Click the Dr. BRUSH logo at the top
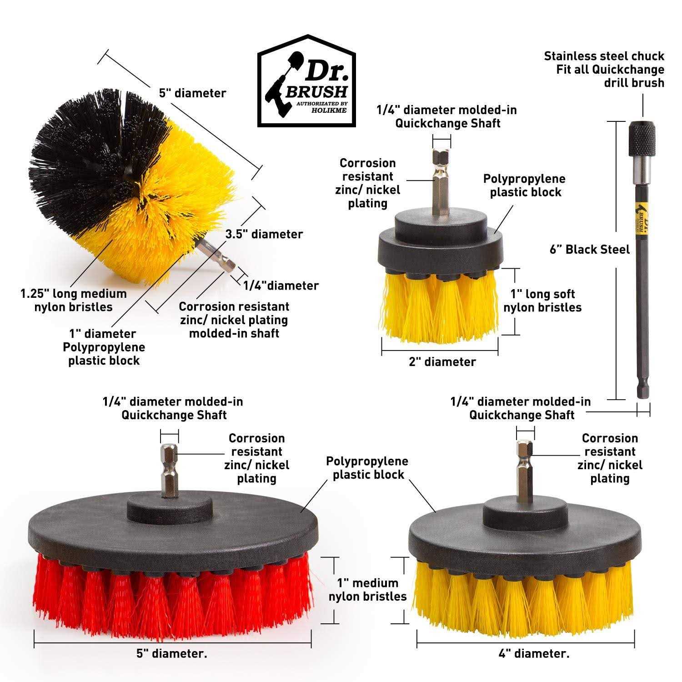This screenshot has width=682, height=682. coord(306,81)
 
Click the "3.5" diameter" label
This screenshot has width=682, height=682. coord(264,234)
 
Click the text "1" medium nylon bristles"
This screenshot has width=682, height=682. coord(367,590)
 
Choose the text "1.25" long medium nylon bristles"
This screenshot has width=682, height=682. coord(73,300)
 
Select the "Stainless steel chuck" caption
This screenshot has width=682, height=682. coord(604,56)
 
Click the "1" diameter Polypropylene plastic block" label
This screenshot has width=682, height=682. coord(104,347)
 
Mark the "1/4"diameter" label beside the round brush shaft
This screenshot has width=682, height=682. coord(281,286)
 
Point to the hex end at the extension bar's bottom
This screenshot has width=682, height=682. coord(642,391)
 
